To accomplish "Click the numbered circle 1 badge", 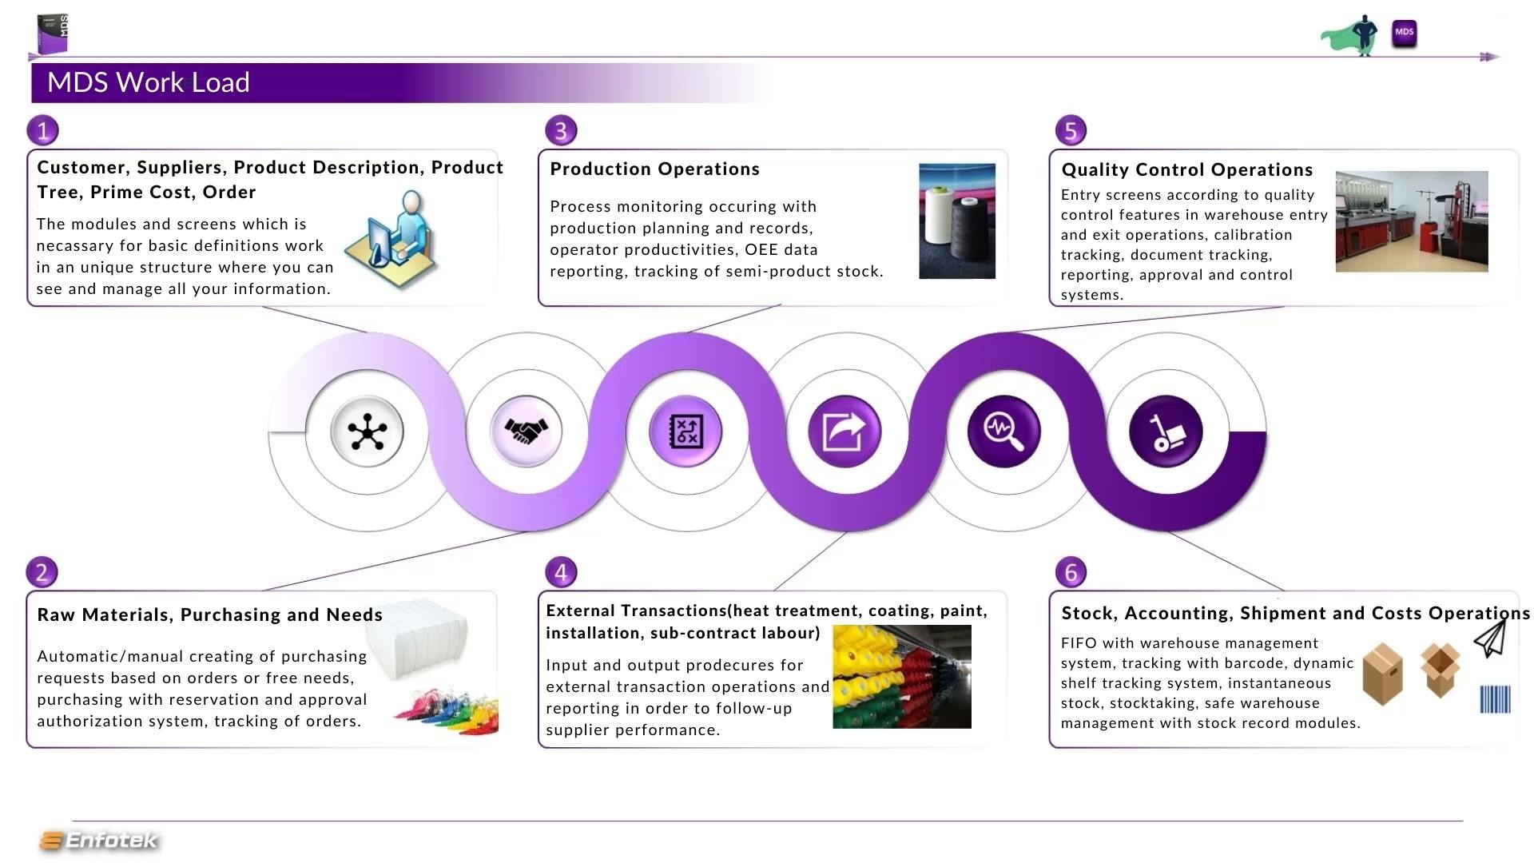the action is (43, 130).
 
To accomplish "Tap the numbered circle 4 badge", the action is (561, 572).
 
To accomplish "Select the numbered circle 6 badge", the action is (1071, 572).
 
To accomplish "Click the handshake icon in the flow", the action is (526, 431).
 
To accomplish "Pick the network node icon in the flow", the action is (367, 431).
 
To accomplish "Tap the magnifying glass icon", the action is (1003, 431).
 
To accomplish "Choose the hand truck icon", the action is (1166, 432).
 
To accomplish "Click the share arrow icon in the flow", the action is (845, 431).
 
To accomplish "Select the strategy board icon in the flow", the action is (686, 431).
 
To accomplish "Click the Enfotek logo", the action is (99, 841).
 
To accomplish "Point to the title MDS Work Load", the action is (149, 82).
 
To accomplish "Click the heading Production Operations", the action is (655, 169).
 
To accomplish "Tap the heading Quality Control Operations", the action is (1187, 169).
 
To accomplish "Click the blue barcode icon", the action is (1495, 699).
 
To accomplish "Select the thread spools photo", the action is (957, 221).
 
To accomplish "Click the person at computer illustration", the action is (391, 238).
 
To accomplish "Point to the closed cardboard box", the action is (1383, 675).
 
